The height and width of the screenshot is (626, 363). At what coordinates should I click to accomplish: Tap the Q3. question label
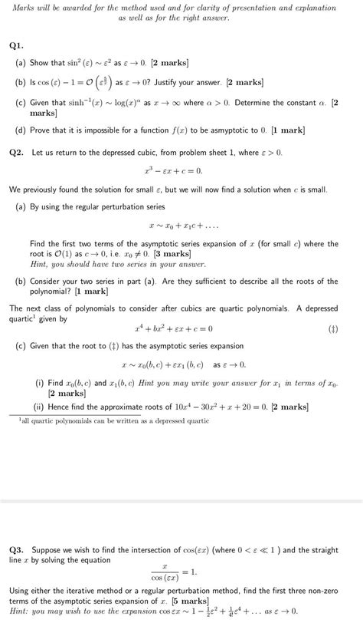coord(18,549)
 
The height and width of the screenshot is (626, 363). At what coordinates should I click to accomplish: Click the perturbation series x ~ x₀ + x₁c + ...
coord(181,226)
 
